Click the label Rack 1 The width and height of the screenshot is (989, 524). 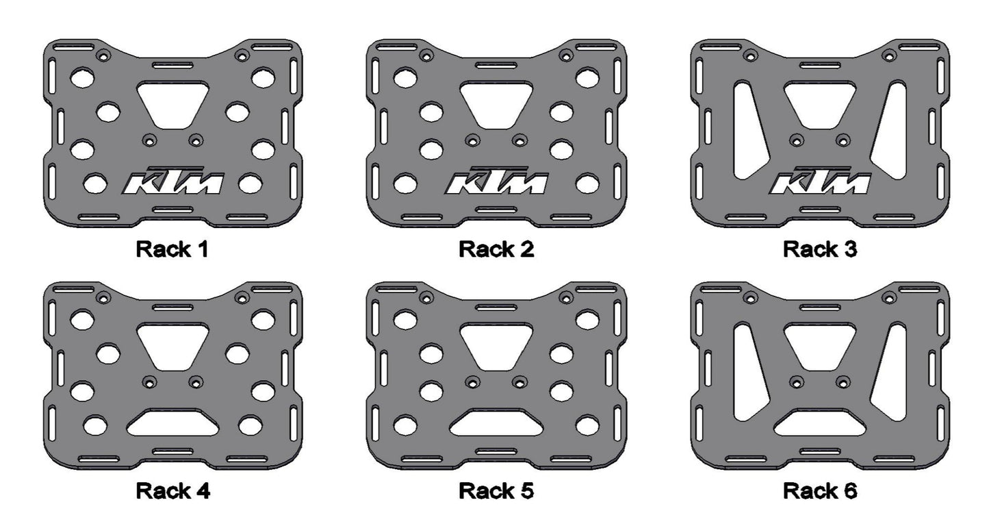pyautogui.click(x=172, y=249)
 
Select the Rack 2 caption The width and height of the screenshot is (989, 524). pyautogui.click(x=496, y=249)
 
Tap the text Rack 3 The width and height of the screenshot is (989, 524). pyautogui.click(x=820, y=249)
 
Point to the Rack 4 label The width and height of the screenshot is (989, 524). pyautogui.click(x=172, y=491)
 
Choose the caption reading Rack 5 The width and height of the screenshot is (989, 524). pyautogui.click(x=496, y=491)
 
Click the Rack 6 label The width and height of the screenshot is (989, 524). pyautogui.click(x=820, y=491)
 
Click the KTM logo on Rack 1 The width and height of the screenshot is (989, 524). pyautogui.click(x=173, y=181)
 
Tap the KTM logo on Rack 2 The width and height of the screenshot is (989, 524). pyautogui.click(x=496, y=181)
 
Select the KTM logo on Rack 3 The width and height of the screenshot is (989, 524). pyautogui.click(x=820, y=181)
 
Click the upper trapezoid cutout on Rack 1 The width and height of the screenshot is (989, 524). pyautogui.click(x=173, y=104)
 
